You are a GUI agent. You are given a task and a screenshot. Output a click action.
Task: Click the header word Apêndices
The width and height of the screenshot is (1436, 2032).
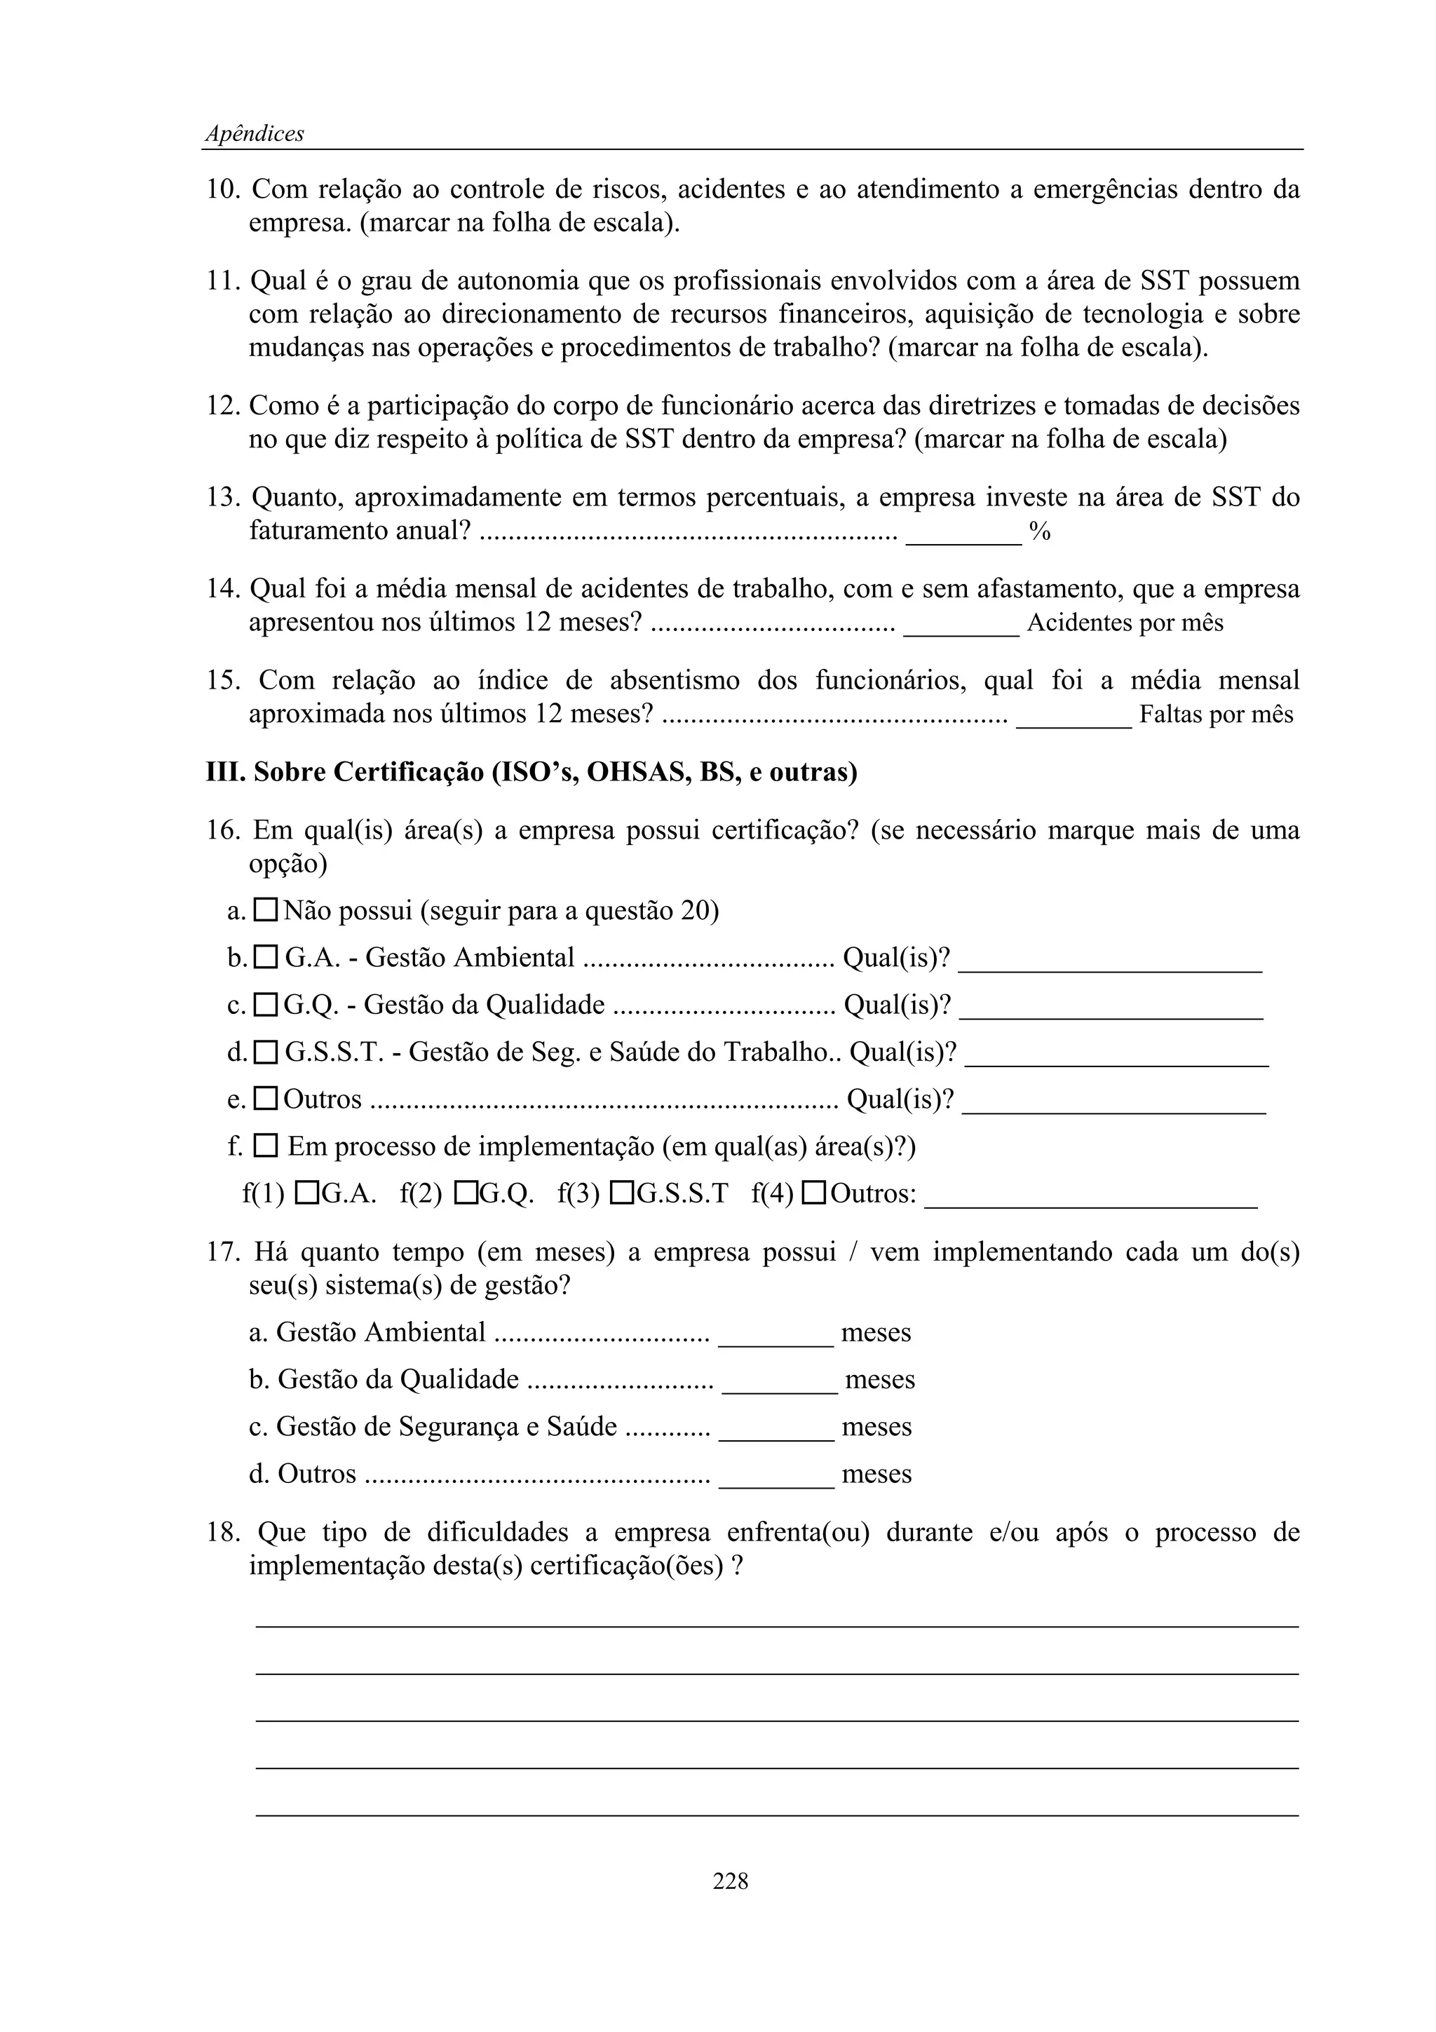coord(254,134)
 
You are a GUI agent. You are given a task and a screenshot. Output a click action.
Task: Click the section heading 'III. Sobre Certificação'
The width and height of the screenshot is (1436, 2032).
coord(531,773)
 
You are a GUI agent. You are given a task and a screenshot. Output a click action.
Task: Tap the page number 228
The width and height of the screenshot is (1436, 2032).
coord(730,1881)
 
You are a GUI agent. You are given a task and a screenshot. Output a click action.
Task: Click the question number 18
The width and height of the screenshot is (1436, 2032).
coord(222,1533)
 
